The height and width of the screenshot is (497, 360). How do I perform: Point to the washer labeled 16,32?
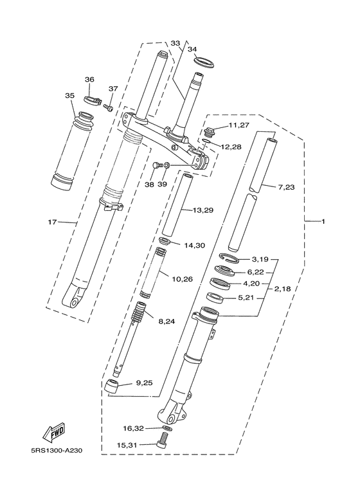pos(166,428)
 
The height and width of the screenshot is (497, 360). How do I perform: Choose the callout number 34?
pos(192,49)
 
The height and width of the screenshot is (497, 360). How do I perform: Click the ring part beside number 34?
pos(204,64)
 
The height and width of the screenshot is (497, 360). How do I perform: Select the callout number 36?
pos(89,79)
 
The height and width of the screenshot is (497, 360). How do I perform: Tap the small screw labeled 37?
pos(109,105)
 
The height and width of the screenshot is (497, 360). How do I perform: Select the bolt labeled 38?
pos(156,167)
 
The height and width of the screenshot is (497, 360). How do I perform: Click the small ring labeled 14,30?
pos(165,241)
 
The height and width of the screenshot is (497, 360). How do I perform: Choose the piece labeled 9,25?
pos(113,386)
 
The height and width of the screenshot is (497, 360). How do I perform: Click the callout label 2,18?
pos(283,289)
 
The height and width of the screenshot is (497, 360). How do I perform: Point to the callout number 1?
pos(323,222)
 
